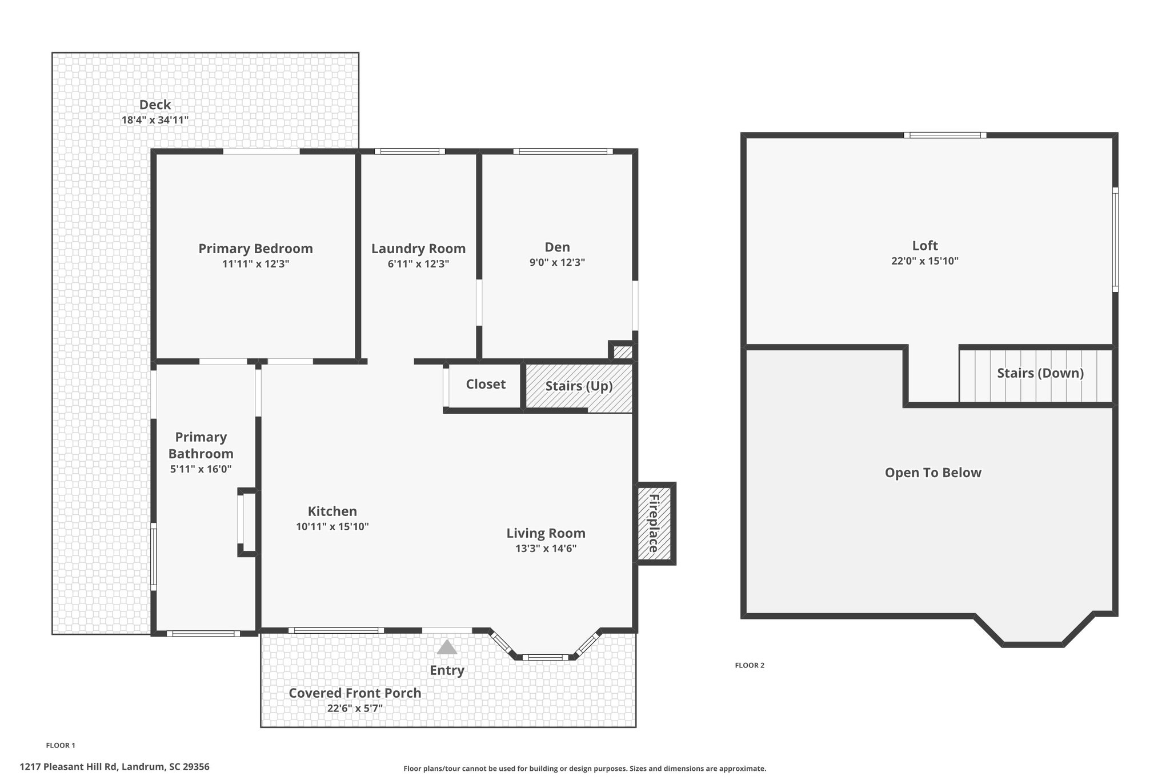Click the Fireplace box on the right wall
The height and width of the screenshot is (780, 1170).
pyautogui.click(x=656, y=523)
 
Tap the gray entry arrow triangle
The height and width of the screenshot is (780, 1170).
pyautogui.click(x=447, y=647)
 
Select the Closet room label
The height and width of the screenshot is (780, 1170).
pyautogui.click(x=486, y=384)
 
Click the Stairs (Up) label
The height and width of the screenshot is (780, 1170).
pyautogui.click(x=579, y=386)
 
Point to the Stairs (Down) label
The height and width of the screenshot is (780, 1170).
pyautogui.click(x=1040, y=373)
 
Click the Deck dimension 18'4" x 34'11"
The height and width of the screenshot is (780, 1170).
pyautogui.click(x=155, y=120)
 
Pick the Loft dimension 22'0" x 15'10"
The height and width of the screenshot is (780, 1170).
pyautogui.click(x=925, y=261)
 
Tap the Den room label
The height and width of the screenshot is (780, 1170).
pyautogui.click(x=557, y=247)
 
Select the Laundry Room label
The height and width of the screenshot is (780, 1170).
pyautogui.click(x=418, y=249)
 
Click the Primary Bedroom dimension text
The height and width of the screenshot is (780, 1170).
pyautogui.click(x=255, y=264)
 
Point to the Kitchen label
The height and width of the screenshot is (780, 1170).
pyautogui.click(x=332, y=511)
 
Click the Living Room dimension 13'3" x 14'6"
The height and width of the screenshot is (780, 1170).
pyautogui.click(x=546, y=549)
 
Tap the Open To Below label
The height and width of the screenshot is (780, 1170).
pyautogui.click(x=933, y=473)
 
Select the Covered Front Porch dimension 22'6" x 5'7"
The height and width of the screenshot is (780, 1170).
pyautogui.click(x=355, y=709)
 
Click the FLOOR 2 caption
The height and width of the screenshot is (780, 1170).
pyautogui.click(x=750, y=665)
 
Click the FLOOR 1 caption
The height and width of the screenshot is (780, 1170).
pyautogui.click(x=61, y=745)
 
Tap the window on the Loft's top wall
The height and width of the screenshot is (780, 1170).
pyautogui.click(x=945, y=135)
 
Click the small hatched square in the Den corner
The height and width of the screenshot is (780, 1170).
pyautogui.click(x=623, y=352)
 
